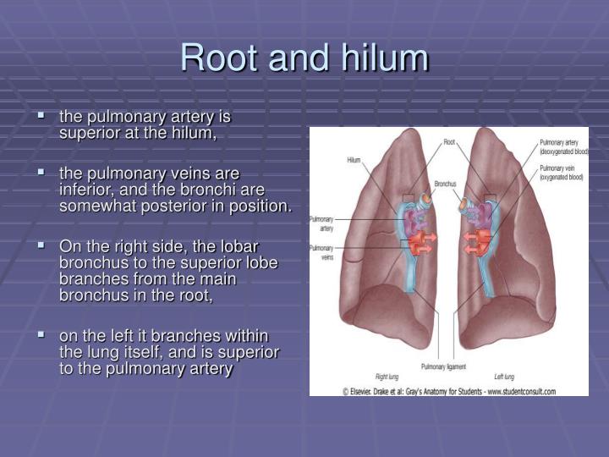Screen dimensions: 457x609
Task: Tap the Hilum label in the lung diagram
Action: [353, 159]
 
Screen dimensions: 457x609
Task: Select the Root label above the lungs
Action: [449, 141]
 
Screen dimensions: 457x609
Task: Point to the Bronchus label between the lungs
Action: [446, 183]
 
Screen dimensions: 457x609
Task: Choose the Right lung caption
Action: [387, 376]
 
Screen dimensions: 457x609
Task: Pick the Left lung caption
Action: [504, 376]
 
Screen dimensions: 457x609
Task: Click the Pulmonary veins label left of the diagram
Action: [321, 253]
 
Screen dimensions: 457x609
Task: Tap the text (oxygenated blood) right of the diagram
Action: [562, 177]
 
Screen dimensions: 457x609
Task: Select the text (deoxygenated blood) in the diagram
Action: [563, 152]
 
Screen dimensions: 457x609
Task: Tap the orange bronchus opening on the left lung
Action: [465, 203]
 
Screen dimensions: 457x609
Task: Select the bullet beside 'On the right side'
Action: [41, 245]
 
